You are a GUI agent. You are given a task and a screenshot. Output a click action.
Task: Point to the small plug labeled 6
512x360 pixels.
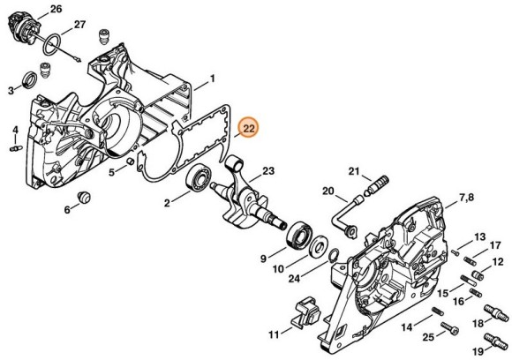coord(85,195)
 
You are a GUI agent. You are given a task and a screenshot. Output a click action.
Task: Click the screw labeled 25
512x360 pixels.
coord(446,334)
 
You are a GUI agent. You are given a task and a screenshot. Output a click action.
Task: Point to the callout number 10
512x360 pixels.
coord(277,268)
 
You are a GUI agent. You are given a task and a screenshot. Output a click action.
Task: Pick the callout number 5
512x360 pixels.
coord(112,172)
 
